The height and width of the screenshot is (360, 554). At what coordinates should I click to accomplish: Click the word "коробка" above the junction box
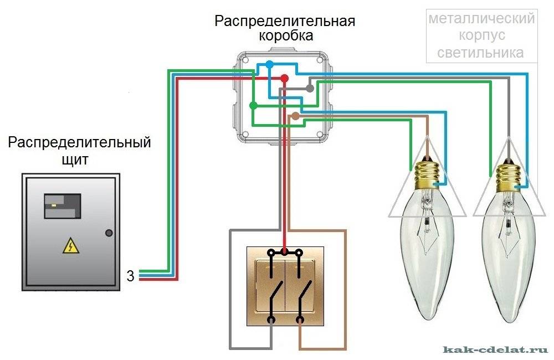[285, 36]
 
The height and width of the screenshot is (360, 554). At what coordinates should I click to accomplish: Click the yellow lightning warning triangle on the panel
[70, 245]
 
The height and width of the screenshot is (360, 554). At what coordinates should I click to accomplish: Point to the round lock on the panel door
[109, 233]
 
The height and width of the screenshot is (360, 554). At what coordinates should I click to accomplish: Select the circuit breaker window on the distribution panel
[63, 206]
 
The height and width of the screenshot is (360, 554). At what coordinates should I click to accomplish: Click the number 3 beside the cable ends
[130, 275]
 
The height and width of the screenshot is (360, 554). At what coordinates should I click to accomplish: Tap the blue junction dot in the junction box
[269, 65]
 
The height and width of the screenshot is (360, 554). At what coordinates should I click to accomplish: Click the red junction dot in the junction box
[284, 79]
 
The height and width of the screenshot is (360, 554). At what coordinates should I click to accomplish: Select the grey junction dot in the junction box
[310, 88]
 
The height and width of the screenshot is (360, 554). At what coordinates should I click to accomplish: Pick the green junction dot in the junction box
[253, 105]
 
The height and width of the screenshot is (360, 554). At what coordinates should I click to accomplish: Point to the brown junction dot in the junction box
[295, 116]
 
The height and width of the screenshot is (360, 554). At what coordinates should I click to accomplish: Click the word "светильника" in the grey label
[480, 53]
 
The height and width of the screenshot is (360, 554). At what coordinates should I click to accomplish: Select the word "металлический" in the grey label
[481, 19]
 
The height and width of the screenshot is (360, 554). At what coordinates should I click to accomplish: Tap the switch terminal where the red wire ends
[285, 252]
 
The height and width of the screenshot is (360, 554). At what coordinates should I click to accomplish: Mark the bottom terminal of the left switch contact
[271, 320]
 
